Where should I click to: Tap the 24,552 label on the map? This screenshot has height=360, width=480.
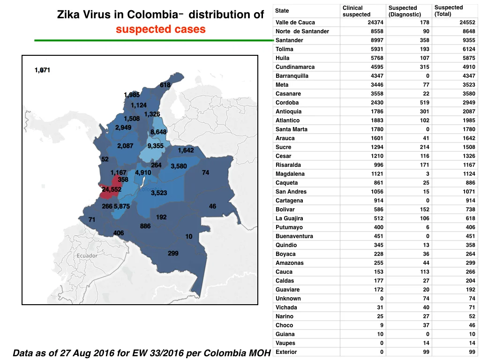[112, 189]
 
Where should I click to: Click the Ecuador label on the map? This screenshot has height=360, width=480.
[87, 255]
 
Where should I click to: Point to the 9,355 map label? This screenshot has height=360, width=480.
[156, 146]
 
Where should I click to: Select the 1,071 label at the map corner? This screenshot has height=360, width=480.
[42, 70]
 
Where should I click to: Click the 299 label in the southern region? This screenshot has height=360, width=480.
[173, 253]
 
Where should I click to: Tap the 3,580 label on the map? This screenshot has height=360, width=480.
[179, 166]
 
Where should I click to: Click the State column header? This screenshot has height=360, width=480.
[282, 11]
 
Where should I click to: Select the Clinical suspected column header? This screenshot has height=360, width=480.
[356, 11]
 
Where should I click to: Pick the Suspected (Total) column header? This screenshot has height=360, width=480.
[449, 11]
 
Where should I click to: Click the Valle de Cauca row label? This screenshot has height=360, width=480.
[295, 22]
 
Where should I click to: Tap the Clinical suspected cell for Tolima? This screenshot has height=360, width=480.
[377, 49]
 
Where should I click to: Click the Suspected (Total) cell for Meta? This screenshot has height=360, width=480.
[469, 85]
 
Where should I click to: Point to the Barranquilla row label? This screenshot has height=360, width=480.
[292, 76]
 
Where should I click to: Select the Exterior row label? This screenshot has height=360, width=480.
[286, 352]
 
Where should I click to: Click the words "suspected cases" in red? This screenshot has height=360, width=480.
[161, 29]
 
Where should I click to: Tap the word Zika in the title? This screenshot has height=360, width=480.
[68, 15]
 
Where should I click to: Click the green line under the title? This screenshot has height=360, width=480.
[154, 40]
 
